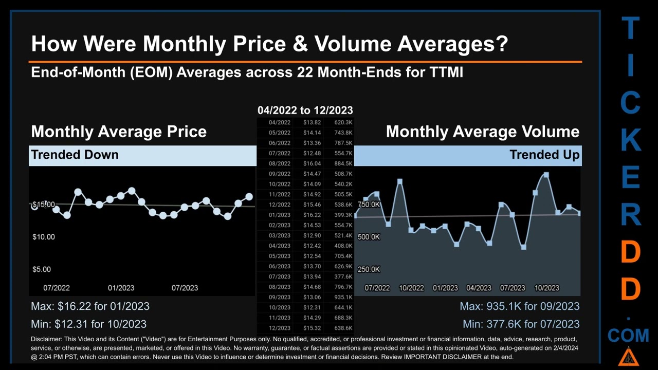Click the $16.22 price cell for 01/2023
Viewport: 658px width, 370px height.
click(x=312, y=215)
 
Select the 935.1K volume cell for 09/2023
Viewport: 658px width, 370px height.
click(x=343, y=297)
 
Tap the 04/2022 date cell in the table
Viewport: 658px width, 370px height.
click(x=279, y=122)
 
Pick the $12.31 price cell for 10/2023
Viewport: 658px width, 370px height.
click(x=312, y=307)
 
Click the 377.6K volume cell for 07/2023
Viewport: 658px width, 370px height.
click(x=343, y=276)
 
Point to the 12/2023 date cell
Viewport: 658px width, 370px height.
click(x=279, y=328)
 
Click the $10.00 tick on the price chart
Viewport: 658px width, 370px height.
click(x=44, y=237)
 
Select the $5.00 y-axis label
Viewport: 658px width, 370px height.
click(x=42, y=269)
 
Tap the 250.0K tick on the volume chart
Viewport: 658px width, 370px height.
click(x=369, y=269)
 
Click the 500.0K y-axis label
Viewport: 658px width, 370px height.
click(x=369, y=237)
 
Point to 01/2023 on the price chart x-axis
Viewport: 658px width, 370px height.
click(x=121, y=288)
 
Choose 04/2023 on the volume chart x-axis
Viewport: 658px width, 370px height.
click(x=479, y=288)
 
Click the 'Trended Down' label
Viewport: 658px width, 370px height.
click(x=75, y=155)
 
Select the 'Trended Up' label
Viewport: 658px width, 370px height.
click(x=544, y=155)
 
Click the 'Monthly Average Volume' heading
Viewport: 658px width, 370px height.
click(x=482, y=132)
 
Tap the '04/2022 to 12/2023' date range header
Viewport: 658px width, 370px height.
click(x=305, y=110)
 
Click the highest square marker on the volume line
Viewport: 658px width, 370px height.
click(x=546, y=175)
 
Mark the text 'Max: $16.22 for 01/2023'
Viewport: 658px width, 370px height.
click(x=90, y=306)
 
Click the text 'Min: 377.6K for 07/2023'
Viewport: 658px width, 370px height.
click(x=521, y=324)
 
